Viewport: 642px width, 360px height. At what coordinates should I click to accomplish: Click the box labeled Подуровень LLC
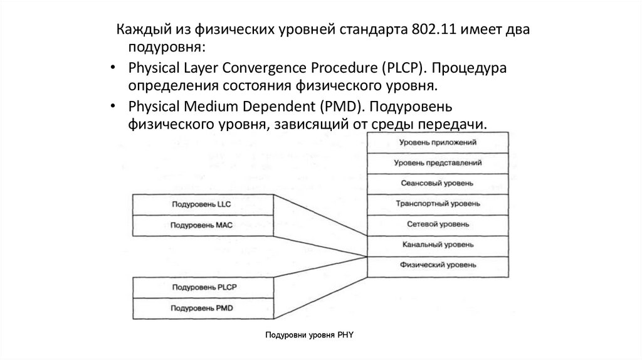click(203, 204)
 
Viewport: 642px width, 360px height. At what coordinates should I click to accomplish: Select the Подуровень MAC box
click(203, 225)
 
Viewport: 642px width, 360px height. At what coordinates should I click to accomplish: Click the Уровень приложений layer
click(438, 142)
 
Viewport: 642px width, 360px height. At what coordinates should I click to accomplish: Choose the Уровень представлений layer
click(438, 163)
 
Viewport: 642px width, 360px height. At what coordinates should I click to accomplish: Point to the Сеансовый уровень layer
click(438, 183)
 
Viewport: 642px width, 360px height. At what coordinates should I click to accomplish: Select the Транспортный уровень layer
click(438, 204)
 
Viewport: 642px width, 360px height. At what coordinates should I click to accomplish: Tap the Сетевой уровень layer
click(438, 224)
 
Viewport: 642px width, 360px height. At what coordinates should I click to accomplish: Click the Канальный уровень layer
click(438, 245)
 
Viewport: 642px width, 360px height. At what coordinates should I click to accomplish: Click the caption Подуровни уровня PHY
click(310, 336)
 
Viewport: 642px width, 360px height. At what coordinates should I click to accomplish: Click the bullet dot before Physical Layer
click(112, 68)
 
